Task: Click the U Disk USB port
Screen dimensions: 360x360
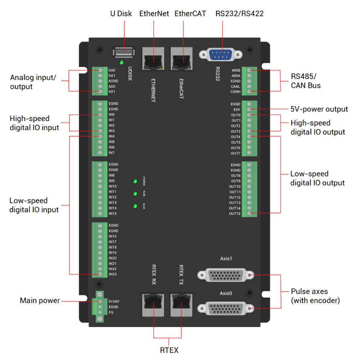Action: tap(124, 53)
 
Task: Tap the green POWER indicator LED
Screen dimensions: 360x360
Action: tap(135, 181)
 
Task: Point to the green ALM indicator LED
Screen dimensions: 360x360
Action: tap(135, 206)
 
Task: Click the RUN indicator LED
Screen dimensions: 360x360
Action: tap(135, 194)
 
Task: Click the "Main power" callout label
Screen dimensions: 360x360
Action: tap(40, 301)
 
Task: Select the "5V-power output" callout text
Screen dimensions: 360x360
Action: tap(319, 109)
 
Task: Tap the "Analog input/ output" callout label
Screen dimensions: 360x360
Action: tap(33, 82)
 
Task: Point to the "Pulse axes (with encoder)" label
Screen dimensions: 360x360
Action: tap(315, 296)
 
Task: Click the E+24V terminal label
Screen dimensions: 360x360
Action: tap(113, 301)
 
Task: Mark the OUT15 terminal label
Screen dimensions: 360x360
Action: tap(234, 214)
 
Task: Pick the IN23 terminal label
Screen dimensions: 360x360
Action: tap(113, 274)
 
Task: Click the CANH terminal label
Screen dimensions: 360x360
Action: tap(235, 92)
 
